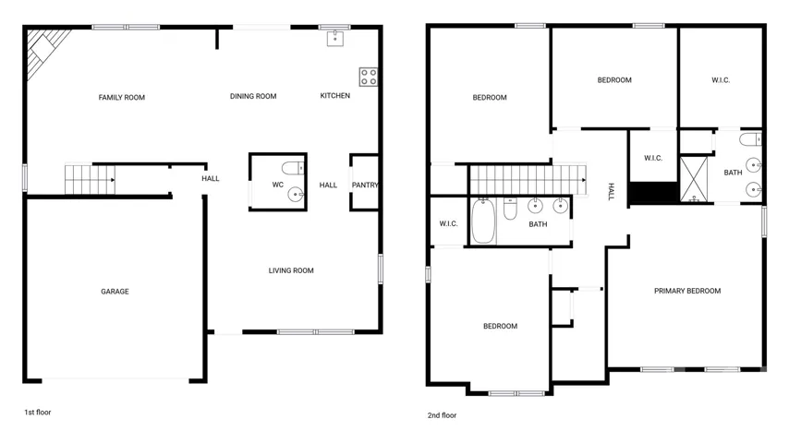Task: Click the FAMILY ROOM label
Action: coord(122,98)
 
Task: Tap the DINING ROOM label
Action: coord(253,96)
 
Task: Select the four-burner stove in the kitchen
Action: coord(369,77)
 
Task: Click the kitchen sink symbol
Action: coord(335,38)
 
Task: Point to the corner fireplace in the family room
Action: coord(44,49)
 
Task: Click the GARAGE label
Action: coord(115,292)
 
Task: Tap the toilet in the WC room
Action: coord(293,168)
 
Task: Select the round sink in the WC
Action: coord(296,194)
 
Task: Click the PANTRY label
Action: coord(365,185)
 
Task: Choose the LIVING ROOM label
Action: coord(291,270)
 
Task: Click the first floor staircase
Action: coord(90,180)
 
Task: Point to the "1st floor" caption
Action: coord(38,413)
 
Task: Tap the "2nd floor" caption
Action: coord(442,415)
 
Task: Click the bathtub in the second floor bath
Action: coord(483,221)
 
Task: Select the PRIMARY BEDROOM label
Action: coord(687,291)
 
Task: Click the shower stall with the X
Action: coord(694,180)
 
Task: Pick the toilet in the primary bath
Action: coord(750,139)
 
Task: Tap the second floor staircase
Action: coord(528,180)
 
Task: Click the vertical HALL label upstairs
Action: coord(612,192)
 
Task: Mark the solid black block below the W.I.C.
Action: coord(653,193)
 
